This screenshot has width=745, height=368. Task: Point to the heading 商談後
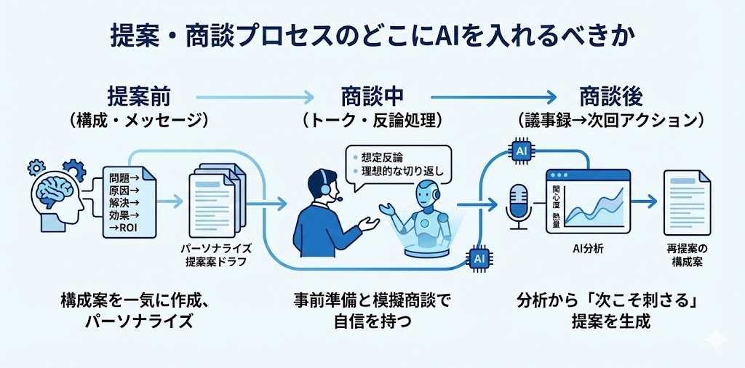[610, 95]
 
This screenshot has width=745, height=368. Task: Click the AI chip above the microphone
[521, 151]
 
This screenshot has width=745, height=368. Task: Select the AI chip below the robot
[479, 257]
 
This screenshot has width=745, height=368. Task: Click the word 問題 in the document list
[118, 178]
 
